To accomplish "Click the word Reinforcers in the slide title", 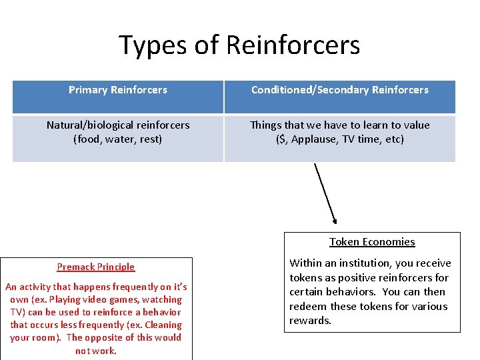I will pyautogui.click(x=293, y=45).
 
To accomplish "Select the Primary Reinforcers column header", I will pyautogui.click(x=118, y=90).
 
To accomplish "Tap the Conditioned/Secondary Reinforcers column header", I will pyautogui.click(x=339, y=90).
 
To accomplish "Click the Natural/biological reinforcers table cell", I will pyautogui.click(x=118, y=132).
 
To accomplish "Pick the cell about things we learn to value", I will pyautogui.click(x=339, y=132).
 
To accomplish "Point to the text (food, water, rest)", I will pyautogui.click(x=118, y=139).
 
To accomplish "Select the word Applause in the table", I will pyautogui.click(x=313, y=140).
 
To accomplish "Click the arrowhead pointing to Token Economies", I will pyautogui.click(x=335, y=221).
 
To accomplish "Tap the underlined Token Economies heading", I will pyautogui.click(x=372, y=242).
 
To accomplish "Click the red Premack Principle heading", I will pyautogui.click(x=96, y=267).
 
